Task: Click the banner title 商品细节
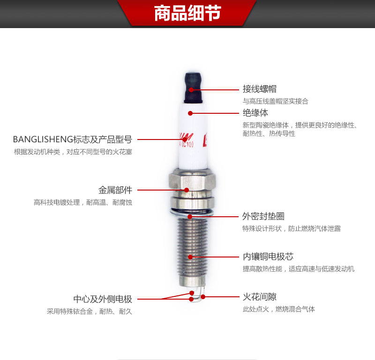coord(187,14)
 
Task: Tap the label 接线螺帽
coord(259,88)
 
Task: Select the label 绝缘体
coord(255,113)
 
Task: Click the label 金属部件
coord(115,190)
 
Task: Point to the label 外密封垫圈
coord(263,216)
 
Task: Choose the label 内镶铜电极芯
coord(268,257)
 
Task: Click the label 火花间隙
coord(259,297)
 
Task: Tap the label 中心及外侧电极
coord(103,299)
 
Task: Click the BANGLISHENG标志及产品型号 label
coord(72,139)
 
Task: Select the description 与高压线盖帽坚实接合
coord(275,101)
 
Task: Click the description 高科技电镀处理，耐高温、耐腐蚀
coord(83,203)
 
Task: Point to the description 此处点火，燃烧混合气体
coord(278,309)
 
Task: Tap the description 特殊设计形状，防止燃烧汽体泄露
coord(291,229)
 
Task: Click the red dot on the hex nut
coord(187,190)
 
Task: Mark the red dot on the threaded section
coord(190,257)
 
